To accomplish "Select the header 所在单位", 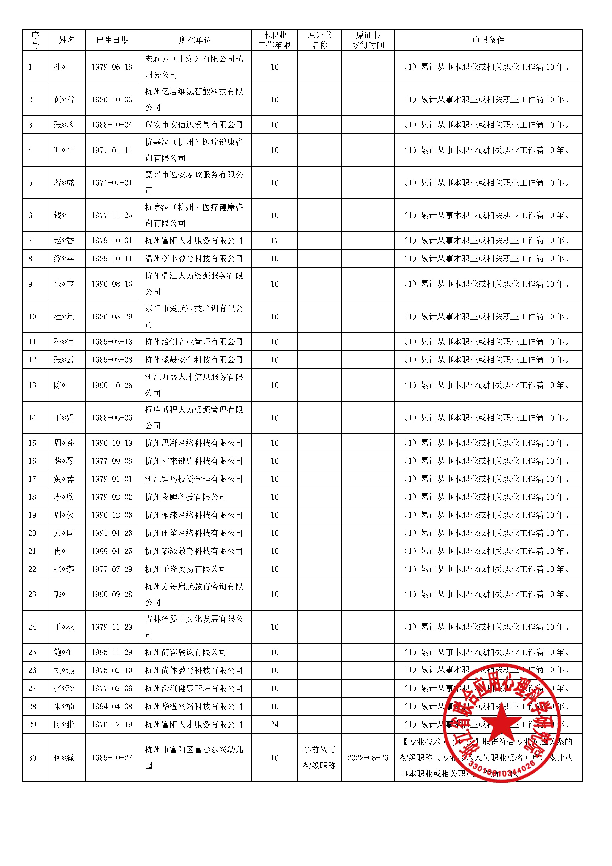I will coord(195,40).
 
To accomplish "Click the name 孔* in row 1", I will coord(60,67).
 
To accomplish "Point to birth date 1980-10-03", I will coord(112,99).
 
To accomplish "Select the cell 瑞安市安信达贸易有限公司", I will coord(194,125).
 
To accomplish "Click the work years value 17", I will coord(274,241).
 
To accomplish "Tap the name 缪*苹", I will coord(64,259).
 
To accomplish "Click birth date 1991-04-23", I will coord(112,533).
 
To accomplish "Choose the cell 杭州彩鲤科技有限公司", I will coord(185,497).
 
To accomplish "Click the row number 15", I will coord(32,443).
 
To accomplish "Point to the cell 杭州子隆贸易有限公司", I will coord(185,569).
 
